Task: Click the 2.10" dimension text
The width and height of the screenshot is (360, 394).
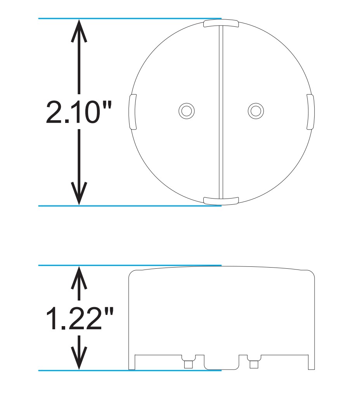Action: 78,112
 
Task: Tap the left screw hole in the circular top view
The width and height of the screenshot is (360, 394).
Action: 187,111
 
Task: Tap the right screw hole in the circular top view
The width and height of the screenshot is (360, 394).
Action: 255,111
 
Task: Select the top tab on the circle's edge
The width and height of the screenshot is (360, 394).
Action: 221,23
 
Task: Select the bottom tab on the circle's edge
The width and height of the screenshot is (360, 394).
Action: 221,200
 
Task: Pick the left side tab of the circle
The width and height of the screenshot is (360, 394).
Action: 132,112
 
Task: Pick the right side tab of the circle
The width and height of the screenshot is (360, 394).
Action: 310,112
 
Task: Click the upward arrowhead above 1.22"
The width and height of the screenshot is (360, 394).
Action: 79,276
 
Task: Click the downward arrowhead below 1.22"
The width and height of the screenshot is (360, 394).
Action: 79,360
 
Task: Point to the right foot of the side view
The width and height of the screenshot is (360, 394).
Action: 311,363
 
